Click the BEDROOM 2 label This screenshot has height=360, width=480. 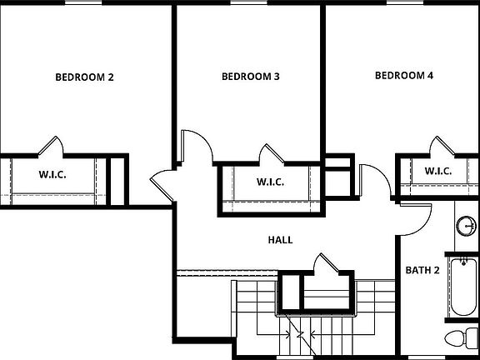[84, 77]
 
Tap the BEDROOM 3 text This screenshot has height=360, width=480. [250, 77]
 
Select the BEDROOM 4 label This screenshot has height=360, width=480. [404, 76]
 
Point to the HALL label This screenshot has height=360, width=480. [280, 240]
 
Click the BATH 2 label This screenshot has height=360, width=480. [422, 270]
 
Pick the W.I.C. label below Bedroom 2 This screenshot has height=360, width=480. [52, 175]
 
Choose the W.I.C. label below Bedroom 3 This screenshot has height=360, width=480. [270, 182]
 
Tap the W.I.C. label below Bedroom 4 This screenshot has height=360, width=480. [438, 172]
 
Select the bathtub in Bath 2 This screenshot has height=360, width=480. [463, 287]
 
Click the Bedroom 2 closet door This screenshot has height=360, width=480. [52, 147]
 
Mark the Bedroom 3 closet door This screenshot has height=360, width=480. [272, 155]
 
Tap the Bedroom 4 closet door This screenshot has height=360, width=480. [440, 146]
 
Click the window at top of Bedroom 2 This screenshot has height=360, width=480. [83, 2]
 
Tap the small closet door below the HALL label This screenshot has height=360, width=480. [323, 266]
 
